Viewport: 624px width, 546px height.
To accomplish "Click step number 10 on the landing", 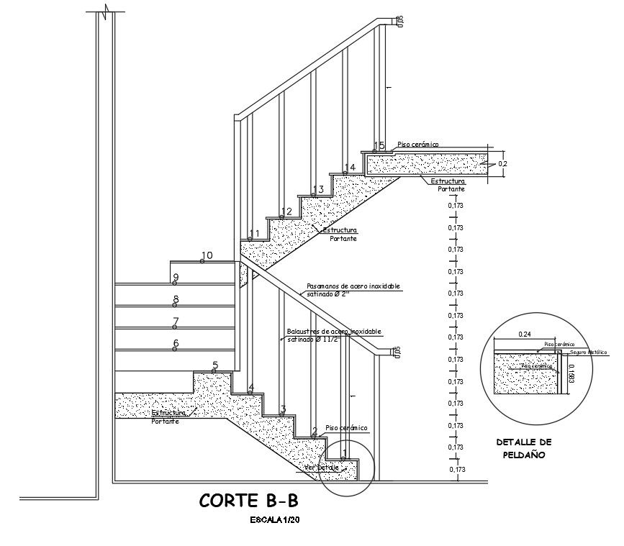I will (x=207, y=255).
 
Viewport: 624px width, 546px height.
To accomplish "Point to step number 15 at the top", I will (x=379, y=146).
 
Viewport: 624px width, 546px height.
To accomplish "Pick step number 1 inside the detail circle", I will (x=344, y=454).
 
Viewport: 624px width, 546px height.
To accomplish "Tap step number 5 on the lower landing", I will (x=214, y=366).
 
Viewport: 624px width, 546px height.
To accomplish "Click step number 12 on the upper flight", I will (x=286, y=211).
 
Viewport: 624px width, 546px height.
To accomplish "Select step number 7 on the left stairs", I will (x=176, y=322).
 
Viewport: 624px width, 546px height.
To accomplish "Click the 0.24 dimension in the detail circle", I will (x=525, y=335).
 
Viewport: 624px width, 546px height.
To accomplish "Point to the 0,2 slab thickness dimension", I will (x=503, y=164).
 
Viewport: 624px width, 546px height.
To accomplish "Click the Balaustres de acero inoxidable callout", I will (x=333, y=335).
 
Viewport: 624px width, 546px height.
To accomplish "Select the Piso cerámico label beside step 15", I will (x=417, y=144).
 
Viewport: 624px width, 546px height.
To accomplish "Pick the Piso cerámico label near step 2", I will (x=346, y=428).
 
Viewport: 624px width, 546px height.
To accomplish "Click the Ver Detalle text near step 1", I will (x=321, y=468).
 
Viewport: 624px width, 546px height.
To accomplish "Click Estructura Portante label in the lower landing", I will (x=169, y=417).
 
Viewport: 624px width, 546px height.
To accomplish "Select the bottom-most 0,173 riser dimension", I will (x=456, y=470).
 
